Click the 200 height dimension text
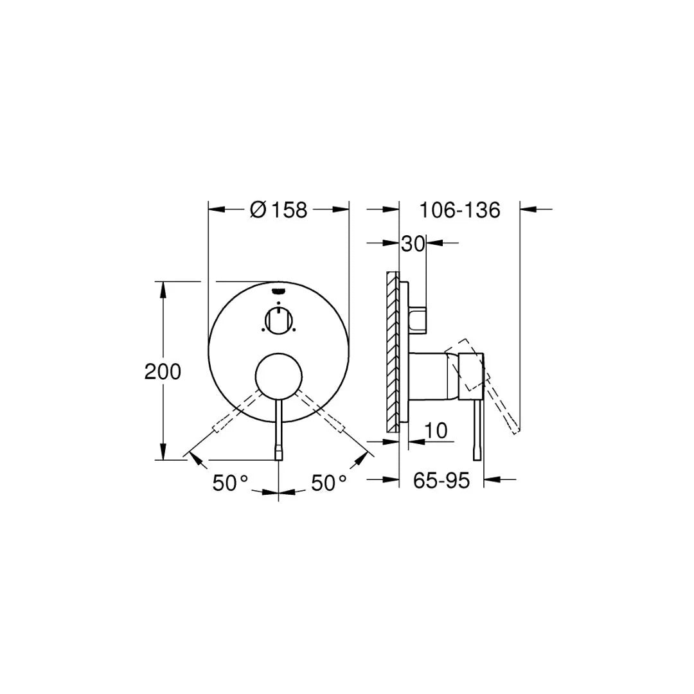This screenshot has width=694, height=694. [x=163, y=371]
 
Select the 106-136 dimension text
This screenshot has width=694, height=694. [x=459, y=209]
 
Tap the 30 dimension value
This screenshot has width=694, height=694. [x=413, y=244]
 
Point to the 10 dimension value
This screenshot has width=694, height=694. [x=436, y=431]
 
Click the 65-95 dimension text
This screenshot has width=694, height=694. [x=441, y=480]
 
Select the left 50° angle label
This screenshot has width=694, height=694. [x=230, y=483]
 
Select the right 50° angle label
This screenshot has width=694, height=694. [x=328, y=483]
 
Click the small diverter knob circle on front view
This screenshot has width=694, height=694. [x=278, y=319]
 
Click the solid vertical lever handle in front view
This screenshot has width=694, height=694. [x=278, y=431]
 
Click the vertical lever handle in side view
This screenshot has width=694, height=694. [x=477, y=427]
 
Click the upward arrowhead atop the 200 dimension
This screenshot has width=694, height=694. [x=163, y=288]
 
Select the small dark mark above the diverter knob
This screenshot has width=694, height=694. [x=278, y=290]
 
